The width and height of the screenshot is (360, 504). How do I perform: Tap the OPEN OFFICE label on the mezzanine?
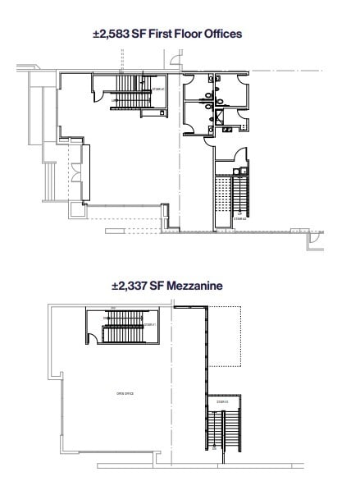point(125,394)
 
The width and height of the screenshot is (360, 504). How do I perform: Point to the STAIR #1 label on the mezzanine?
point(149,324)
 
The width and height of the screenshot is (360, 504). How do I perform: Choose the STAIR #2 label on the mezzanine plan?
point(222,401)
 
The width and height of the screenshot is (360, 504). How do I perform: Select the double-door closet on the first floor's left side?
point(74,172)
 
